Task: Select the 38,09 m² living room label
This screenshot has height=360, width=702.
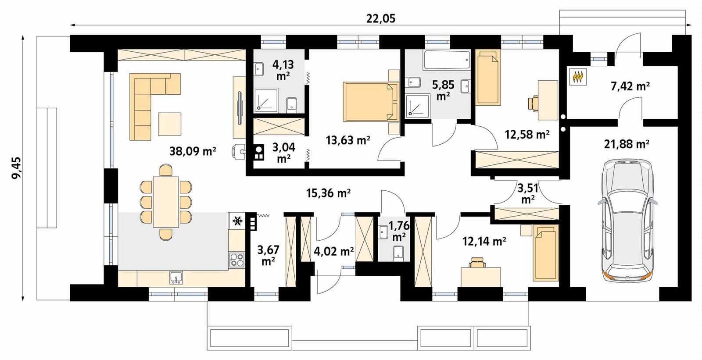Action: tap(193, 152)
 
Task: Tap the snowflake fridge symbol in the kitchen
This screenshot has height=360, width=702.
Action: tap(237, 221)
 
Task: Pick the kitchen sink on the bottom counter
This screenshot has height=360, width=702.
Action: tap(176, 277)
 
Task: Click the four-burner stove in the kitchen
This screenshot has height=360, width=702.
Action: tap(237, 260)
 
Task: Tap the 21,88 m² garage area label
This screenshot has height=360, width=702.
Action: tap(627, 144)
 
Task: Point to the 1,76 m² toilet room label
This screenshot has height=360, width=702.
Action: tap(399, 231)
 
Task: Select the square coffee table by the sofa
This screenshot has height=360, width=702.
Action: tap(169, 124)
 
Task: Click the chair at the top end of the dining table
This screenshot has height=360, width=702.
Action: tap(165, 170)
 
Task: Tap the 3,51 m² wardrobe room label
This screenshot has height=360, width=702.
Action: tap(528, 193)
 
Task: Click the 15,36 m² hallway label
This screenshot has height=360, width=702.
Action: tap(328, 193)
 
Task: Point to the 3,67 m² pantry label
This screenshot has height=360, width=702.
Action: tap(268, 255)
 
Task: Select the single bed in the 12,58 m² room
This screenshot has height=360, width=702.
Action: tap(488, 78)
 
